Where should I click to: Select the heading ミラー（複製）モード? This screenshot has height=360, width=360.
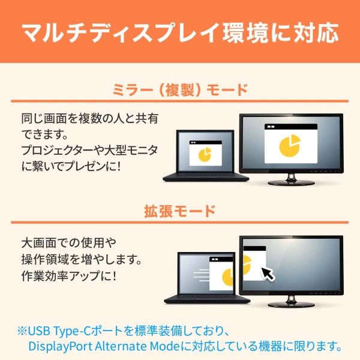180,91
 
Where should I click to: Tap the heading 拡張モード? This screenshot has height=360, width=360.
180,211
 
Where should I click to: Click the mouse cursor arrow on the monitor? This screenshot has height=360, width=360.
268,274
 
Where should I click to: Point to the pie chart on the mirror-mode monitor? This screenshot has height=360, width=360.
290,145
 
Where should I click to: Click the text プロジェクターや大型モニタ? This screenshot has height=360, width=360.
90,148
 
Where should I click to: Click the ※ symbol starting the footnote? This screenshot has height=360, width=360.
22,331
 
